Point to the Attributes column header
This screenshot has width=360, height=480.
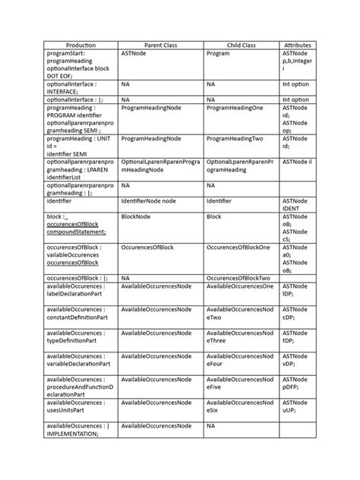[297, 46]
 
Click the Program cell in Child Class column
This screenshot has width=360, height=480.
[218, 54]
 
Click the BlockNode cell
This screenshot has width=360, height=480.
[137, 216]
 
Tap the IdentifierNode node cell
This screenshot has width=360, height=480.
[149, 201]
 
